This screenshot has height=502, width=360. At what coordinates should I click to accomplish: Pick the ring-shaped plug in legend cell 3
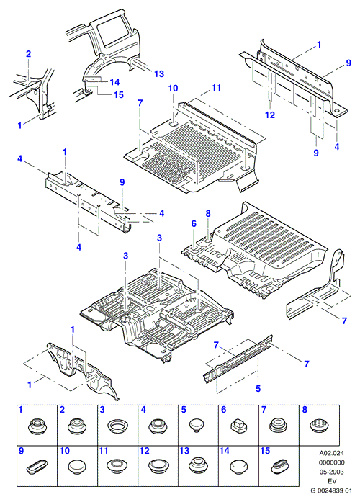(x=117, y=427)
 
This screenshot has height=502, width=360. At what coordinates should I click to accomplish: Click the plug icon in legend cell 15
(x=279, y=467)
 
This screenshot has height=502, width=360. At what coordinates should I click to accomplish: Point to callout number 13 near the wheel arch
(x=159, y=73)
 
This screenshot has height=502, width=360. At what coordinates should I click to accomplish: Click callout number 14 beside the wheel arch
(x=114, y=82)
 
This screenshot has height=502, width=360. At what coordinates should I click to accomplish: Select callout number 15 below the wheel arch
(x=118, y=95)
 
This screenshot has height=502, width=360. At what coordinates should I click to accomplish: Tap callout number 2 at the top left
(x=29, y=54)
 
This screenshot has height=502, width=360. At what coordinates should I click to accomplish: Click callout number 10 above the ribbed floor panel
(x=173, y=88)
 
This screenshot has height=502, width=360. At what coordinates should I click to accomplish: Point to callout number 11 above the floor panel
(x=216, y=87)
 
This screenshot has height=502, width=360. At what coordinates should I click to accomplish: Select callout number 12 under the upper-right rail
(x=270, y=115)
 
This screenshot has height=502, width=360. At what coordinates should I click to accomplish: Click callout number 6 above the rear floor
(x=194, y=223)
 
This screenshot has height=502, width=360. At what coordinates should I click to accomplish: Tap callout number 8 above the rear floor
(x=208, y=213)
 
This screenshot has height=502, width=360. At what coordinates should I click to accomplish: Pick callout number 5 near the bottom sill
(x=258, y=388)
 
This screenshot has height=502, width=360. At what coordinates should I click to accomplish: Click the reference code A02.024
(x=331, y=453)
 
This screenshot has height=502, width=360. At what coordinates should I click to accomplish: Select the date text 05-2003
(x=331, y=472)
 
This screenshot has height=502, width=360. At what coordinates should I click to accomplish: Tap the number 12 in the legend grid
(x=145, y=451)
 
